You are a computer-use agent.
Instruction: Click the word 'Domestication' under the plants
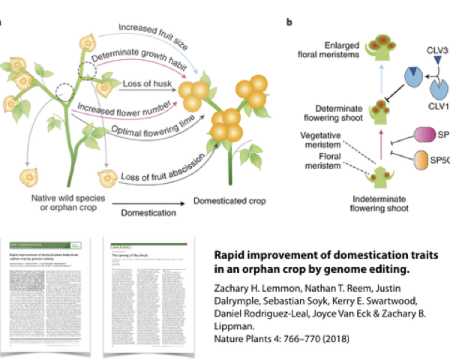click(147, 213)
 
